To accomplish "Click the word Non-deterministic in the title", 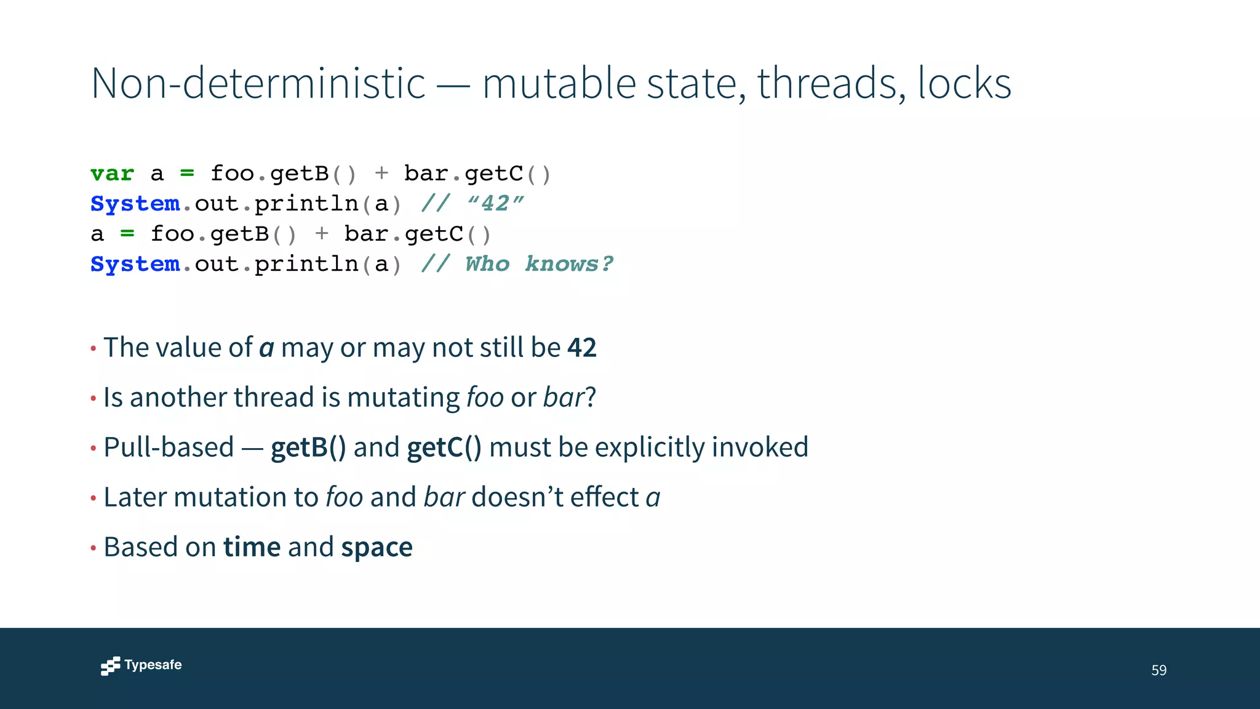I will [258, 83].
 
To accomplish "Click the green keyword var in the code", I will [112, 174].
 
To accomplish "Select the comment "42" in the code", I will [496, 204].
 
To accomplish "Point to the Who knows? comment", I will [538, 264].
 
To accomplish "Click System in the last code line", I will [135, 264].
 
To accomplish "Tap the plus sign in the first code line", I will [381, 174].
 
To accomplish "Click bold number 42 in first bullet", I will [582, 348].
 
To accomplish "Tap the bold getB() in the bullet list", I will [308, 447].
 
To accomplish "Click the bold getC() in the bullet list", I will [444, 447].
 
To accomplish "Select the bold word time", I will [252, 547].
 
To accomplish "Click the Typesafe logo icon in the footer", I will [111, 666].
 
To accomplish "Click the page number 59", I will [1158, 670].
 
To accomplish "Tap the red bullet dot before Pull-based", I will [94, 449].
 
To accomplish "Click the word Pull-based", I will [169, 447].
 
